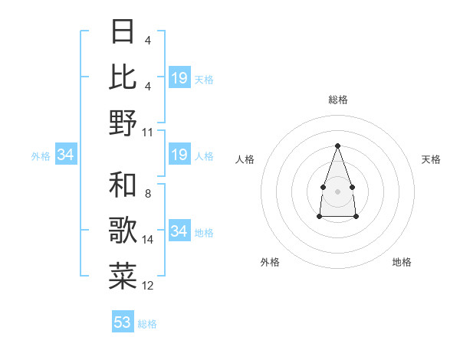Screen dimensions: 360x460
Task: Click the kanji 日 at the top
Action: coord(123,32)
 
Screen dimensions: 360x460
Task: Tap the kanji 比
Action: coord(123,77)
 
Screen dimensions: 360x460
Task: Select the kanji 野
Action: coord(123,123)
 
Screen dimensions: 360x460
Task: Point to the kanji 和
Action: coord(123,185)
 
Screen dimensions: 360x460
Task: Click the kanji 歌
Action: coord(123,231)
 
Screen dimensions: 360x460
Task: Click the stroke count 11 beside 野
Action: coord(148,133)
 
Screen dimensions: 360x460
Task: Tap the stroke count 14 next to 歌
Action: coord(148,240)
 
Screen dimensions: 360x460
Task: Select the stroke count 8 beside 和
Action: coord(147,194)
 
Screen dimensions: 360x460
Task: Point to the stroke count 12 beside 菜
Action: coord(148,286)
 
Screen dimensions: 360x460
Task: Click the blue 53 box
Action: coord(123,322)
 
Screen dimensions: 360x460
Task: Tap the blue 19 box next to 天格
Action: coord(179,78)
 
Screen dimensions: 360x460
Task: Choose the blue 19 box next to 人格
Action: coord(179,155)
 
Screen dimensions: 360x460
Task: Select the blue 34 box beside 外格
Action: coord(66,155)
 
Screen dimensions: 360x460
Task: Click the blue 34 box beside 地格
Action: coord(179,231)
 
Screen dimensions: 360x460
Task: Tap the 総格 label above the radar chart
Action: coord(337,100)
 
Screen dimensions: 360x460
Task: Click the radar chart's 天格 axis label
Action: coord(431,159)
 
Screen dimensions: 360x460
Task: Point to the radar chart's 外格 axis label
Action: coord(270,262)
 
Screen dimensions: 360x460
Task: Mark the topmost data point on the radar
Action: coord(337,146)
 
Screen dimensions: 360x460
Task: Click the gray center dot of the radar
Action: coord(337,190)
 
